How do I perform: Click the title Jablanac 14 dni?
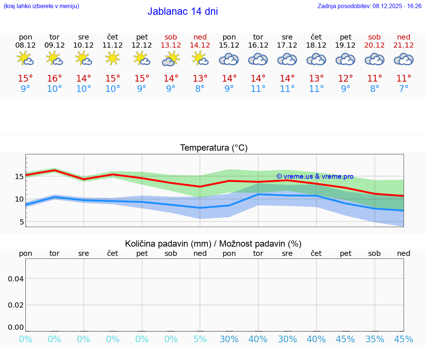pyautogui.click(x=183, y=11)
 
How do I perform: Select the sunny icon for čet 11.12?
pyautogui.click(x=113, y=58)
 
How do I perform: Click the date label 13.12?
pyautogui.click(x=171, y=45)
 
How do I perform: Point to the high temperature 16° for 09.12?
pyautogui.click(x=54, y=78)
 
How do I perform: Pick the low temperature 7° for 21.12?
pyautogui.click(x=404, y=89)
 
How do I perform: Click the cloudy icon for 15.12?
pyautogui.click(x=229, y=59)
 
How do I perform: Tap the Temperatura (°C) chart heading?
pyautogui.click(x=214, y=148)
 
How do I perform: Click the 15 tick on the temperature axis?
pyautogui.click(x=19, y=176)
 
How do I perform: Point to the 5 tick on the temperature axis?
pyautogui.click(x=21, y=222)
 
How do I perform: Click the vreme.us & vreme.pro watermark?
pyautogui.click(x=315, y=176)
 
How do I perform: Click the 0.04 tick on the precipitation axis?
pyautogui.click(x=16, y=279)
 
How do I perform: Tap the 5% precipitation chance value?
pyautogui.click(x=200, y=339)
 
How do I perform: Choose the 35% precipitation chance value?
pyautogui.click(x=375, y=339)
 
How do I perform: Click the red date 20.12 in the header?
pyautogui.click(x=374, y=45)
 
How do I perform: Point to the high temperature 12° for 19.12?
pyautogui.click(x=345, y=78)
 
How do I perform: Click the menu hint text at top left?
pyautogui.click(x=41, y=6)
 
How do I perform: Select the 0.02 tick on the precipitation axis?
pyautogui.click(x=16, y=305)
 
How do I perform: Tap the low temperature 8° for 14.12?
pyautogui.click(x=200, y=89)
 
